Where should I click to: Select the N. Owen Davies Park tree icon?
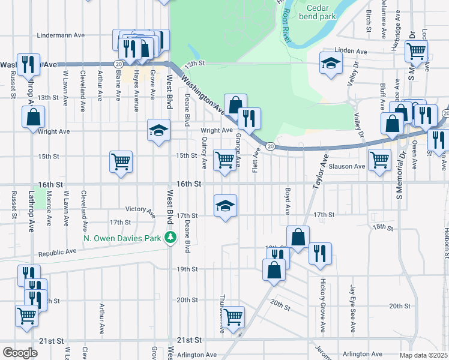pyautogui.click(x=171, y=238)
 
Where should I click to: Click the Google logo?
pyautogui.click(x=20, y=353)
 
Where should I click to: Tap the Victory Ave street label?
pyautogui.click(x=140, y=210)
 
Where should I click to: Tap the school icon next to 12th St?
pyautogui.click(x=330, y=64)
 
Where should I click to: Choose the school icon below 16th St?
pyautogui.click(x=226, y=205)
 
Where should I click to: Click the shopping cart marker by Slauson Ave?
pyautogui.click(x=380, y=160)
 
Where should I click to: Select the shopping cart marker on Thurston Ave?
pyautogui.click(x=232, y=316)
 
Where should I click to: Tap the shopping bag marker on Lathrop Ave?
pyautogui.click(x=34, y=116)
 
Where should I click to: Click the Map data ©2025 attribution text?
pyautogui.click(x=423, y=355)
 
